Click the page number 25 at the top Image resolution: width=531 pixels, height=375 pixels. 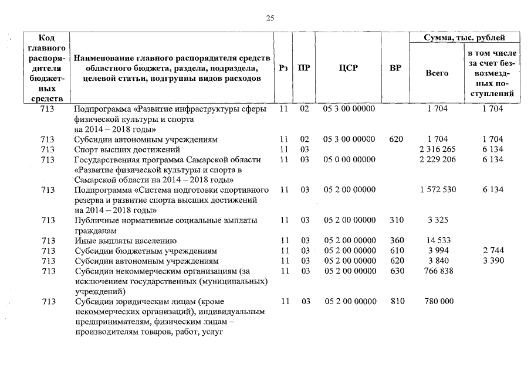point(270,18)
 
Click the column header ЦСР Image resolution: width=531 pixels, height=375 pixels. point(349,68)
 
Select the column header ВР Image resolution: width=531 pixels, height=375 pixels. point(395,68)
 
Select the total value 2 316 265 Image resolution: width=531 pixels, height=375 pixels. point(438,149)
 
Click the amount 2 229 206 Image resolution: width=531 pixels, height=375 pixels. point(438,159)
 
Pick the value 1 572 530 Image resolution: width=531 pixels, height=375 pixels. point(438,190)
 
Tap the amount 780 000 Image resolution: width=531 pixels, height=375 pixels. point(438,301)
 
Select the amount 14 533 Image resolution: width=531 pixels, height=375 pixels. point(438,240)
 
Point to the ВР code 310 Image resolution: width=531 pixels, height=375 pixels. point(397,220)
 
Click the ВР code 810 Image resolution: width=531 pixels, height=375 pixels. point(397,301)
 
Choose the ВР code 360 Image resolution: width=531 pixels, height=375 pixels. point(397,240)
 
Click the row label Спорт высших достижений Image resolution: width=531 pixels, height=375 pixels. point(123,149)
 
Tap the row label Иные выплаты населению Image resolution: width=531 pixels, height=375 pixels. point(125,240)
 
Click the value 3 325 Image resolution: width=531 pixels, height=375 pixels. point(438,220)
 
